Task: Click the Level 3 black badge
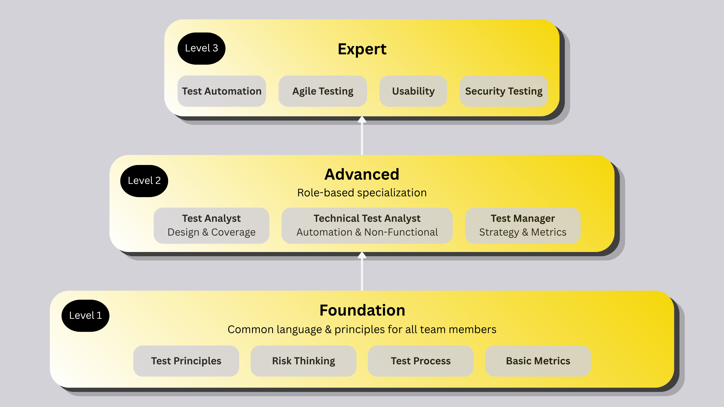[x=201, y=48]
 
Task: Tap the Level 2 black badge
[x=144, y=181]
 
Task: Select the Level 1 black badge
[x=85, y=315]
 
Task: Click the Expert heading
[x=362, y=49]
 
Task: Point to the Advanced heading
[x=362, y=174]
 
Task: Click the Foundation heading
[x=362, y=310]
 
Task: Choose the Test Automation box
[x=222, y=91]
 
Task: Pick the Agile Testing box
[x=323, y=91]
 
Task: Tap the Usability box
[x=413, y=91]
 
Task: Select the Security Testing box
[x=504, y=91]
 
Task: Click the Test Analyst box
[x=211, y=225]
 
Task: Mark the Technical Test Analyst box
[x=367, y=225]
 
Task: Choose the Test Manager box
[x=523, y=225]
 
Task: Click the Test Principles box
[x=186, y=361]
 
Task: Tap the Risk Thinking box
[x=303, y=361]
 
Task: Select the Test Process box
[x=421, y=361]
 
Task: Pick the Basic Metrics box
[x=538, y=361]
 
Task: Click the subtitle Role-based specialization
[x=362, y=193]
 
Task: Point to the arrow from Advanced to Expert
[x=362, y=135]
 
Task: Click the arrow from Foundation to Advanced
[x=362, y=271]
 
